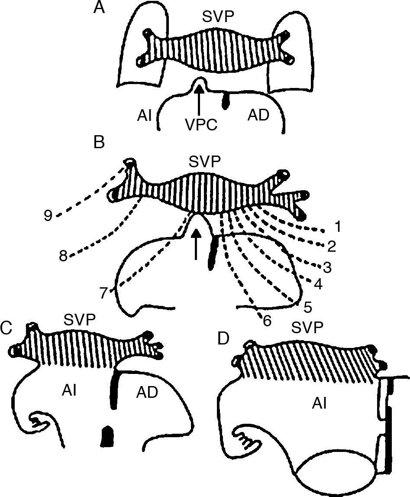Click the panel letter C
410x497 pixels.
(6, 329)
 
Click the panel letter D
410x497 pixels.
(223, 338)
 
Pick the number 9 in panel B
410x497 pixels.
(49, 215)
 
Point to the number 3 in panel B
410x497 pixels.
(328, 267)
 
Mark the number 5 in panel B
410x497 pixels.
(308, 307)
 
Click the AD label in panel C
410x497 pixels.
(147, 393)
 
